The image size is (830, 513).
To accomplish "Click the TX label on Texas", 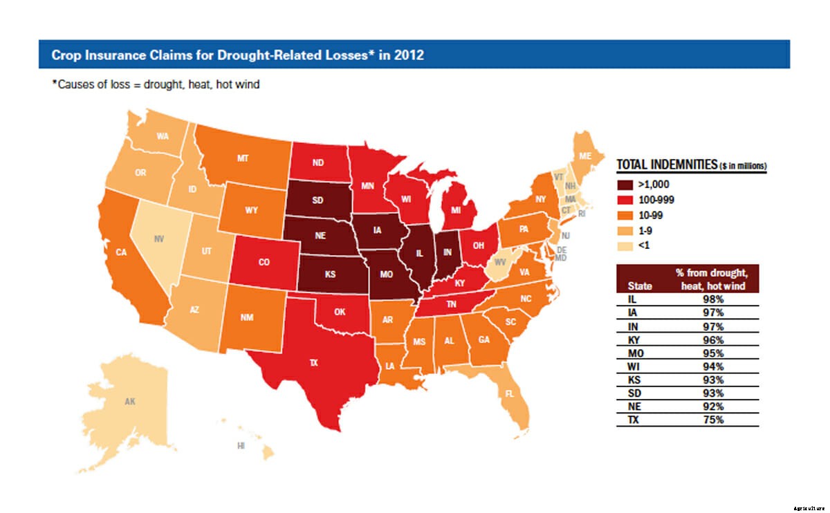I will pyautogui.click(x=313, y=362).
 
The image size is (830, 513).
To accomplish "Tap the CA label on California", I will pyautogui.click(x=121, y=252).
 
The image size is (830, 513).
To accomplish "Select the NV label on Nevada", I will pyautogui.click(x=158, y=239).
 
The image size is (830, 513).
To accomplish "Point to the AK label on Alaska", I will pyautogui.click(x=130, y=402).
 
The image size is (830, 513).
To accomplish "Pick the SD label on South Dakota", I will pyautogui.click(x=317, y=201).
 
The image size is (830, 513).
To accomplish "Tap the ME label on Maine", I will pyautogui.click(x=585, y=157).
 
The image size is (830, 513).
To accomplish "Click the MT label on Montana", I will pyautogui.click(x=243, y=158).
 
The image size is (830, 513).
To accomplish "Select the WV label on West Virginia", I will pyautogui.click(x=499, y=263).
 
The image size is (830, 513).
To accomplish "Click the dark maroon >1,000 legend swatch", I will pyautogui.click(x=626, y=185).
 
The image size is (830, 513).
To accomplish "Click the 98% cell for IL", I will pyautogui.click(x=714, y=299).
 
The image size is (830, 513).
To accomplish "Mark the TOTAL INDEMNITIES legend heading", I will pyautogui.click(x=666, y=166).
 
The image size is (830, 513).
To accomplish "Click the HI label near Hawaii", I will pyautogui.click(x=241, y=446).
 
